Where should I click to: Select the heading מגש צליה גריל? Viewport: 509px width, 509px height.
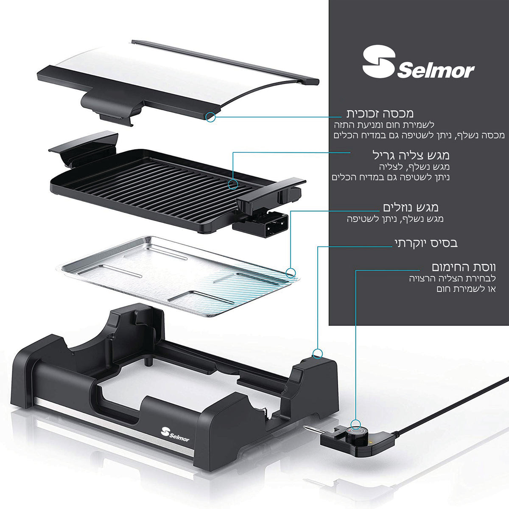(411, 155)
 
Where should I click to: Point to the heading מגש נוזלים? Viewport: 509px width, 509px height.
(411, 207)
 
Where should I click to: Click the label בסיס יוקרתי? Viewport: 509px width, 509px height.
(426, 243)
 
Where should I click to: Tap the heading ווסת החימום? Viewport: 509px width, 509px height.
(464, 268)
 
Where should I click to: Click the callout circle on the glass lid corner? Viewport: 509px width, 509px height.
(210, 117)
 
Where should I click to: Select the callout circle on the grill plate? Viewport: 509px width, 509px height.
(233, 184)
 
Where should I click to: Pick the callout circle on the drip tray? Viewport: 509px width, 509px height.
(291, 272)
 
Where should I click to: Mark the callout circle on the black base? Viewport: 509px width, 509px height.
(318, 353)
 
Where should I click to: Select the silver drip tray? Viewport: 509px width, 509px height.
(177, 276)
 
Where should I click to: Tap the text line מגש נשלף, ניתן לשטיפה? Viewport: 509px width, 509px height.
(395, 219)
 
